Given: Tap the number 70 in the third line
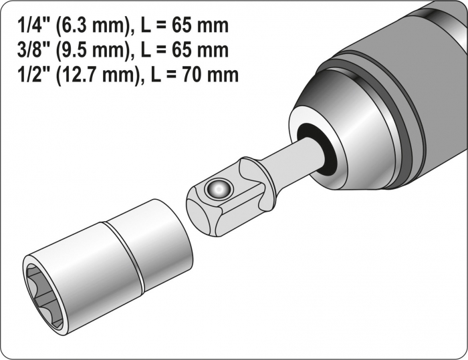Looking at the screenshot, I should point(193,73).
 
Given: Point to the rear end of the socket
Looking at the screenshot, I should point(167,227).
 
